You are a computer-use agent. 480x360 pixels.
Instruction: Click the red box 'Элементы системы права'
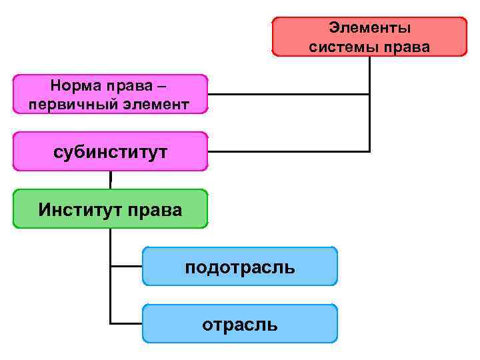[x=370, y=37]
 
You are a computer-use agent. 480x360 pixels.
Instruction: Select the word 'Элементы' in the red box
[x=370, y=28]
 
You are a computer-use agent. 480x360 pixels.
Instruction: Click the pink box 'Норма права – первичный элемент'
[x=110, y=94]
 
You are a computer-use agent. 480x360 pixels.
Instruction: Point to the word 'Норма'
[x=72, y=86]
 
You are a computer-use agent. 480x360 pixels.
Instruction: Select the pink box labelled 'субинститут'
[x=110, y=151]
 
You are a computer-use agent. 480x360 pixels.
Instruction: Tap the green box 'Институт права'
[x=110, y=209]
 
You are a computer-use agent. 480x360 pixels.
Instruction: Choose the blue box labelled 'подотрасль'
[x=240, y=267]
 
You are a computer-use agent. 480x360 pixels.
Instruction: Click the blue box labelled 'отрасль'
[x=240, y=324]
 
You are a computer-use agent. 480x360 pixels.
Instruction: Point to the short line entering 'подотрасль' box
[x=127, y=266]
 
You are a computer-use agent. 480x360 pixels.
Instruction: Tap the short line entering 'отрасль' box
[x=127, y=323]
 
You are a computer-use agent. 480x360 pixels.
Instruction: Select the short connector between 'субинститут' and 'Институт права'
[x=110, y=180]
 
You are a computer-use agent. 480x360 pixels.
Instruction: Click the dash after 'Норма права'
[x=164, y=87]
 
